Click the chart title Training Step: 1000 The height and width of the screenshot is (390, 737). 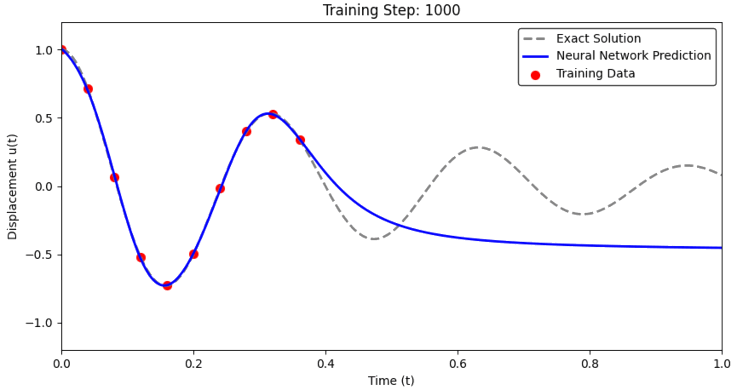(392, 10)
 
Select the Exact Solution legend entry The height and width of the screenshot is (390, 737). (598, 38)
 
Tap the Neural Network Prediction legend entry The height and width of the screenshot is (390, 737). (633, 56)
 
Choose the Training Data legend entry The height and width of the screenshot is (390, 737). (595, 74)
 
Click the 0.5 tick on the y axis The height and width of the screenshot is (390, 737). (43, 118)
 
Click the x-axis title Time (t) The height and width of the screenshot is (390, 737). (391, 380)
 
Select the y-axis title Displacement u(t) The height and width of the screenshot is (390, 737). (12, 186)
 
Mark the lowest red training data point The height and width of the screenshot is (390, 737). (167, 285)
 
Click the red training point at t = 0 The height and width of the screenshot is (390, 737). (62, 50)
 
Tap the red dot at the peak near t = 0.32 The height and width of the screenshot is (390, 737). (273, 114)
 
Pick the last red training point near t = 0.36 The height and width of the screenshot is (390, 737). (300, 140)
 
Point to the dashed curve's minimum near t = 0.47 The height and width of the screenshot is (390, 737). (374, 238)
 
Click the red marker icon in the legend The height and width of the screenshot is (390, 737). (535, 75)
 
